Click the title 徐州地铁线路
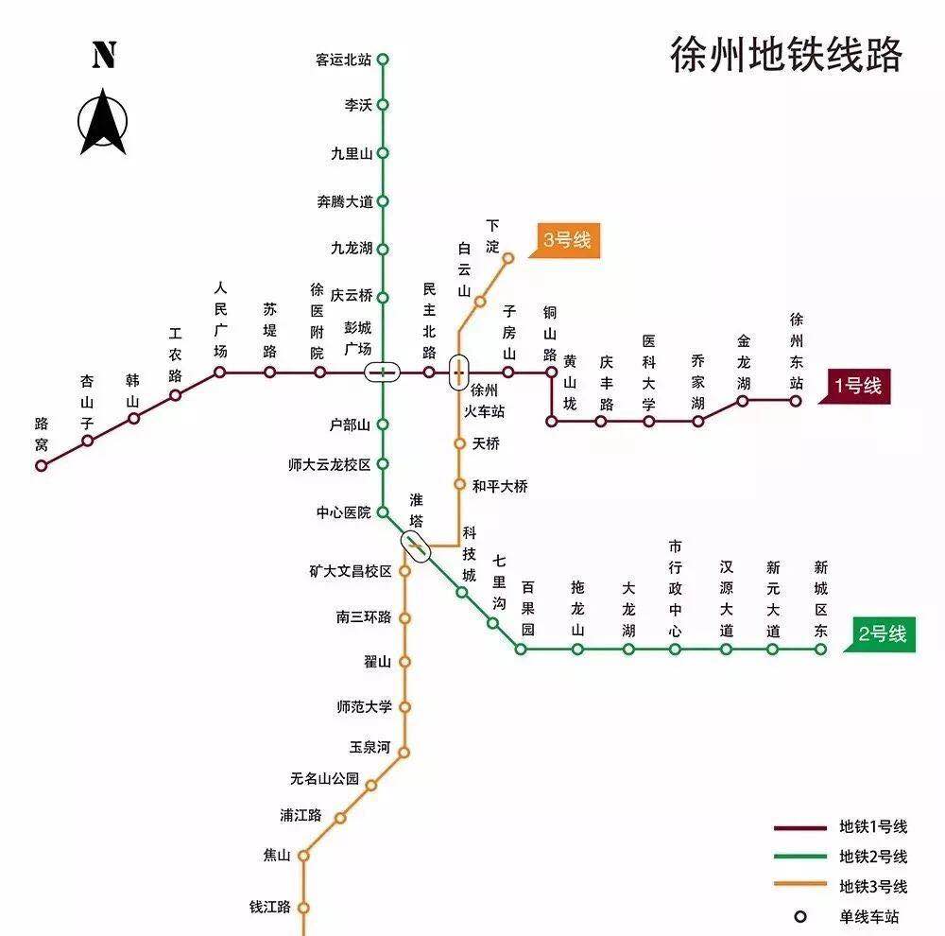[x=785, y=55]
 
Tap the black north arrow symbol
[x=103, y=121]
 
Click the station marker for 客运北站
[x=383, y=59]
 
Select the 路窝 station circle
[x=42, y=465]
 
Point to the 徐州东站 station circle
[x=796, y=400]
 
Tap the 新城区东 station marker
[x=821, y=649]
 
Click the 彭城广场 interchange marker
[x=383, y=372]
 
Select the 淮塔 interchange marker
[x=416, y=544]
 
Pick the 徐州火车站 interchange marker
[x=458, y=372]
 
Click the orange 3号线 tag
[x=567, y=241]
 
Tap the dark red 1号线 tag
[x=856, y=386]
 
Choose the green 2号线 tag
[x=883, y=633]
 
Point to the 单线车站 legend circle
[x=800, y=916]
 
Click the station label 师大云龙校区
[x=330, y=464]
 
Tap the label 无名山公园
[x=325, y=779]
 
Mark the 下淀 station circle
[x=508, y=257]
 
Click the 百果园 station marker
[x=521, y=649]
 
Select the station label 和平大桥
[x=500, y=486]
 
